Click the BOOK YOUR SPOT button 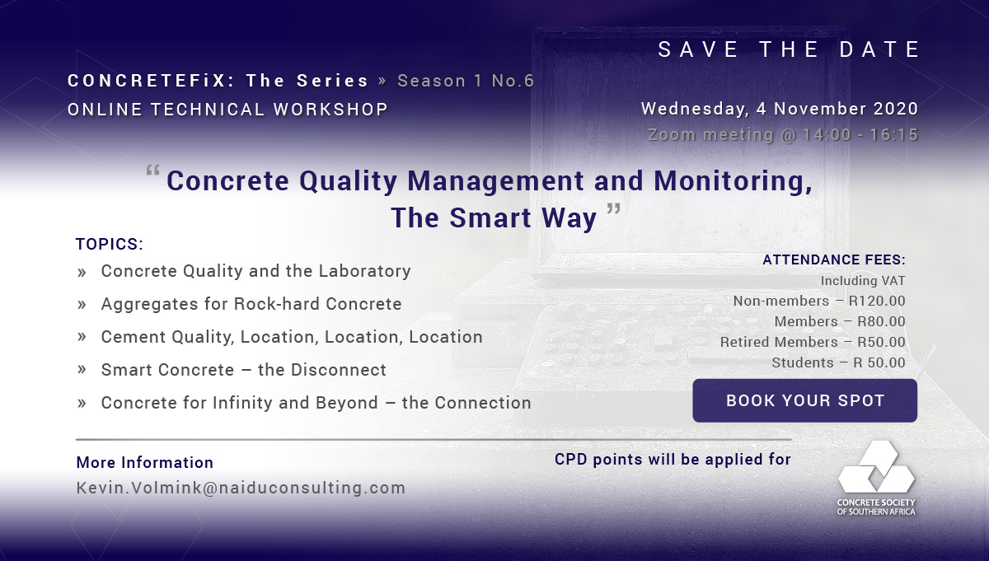coord(804,400)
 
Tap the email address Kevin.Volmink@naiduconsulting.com coord(241,488)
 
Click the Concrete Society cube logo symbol coord(876,466)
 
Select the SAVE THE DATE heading coord(789,49)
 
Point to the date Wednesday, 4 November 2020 coord(780,109)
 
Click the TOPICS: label coord(110,244)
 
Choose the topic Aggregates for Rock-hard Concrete coord(251,304)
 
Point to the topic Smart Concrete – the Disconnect coord(244,370)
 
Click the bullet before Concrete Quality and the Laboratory coord(82,273)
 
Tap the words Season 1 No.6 coord(466,81)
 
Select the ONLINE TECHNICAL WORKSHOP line coord(227,110)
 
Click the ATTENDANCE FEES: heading coord(834,259)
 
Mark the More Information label coord(145,463)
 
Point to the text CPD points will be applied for coord(673,460)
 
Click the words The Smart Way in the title coord(494,218)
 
